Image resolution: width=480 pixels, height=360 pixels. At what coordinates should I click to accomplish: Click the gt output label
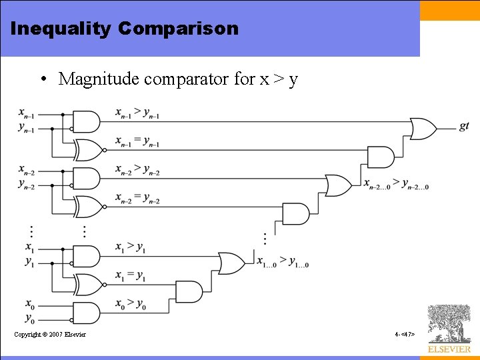(464, 126)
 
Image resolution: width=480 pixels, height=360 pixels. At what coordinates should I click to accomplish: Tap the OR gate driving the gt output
(423, 128)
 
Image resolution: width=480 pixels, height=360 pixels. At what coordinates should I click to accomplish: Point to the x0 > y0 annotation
(131, 305)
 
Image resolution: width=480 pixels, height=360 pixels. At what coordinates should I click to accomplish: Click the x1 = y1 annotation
(131, 275)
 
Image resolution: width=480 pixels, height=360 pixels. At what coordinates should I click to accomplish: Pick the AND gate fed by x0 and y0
(86, 313)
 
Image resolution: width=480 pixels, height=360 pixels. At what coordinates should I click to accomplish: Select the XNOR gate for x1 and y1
(88, 285)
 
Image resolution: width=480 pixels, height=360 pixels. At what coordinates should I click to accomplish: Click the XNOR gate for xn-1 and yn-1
(88, 151)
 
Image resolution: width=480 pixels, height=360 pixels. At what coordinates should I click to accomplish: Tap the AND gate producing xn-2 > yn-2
(86, 178)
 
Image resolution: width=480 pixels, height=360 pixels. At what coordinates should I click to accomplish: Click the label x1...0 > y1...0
(283, 262)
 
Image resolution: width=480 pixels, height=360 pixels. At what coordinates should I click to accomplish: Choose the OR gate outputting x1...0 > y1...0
(231, 263)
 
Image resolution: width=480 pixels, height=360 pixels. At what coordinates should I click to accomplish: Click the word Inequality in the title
(60, 29)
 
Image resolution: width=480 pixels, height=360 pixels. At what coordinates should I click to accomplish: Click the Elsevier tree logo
(449, 325)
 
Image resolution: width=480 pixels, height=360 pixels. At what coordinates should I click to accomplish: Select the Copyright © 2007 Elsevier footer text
(50, 334)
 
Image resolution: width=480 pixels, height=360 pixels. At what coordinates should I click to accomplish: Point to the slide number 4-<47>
(405, 334)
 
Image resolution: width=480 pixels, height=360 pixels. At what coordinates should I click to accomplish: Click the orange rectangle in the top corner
(450, 11)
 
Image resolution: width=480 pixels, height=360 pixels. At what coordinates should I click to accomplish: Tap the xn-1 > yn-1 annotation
(137, 113)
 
